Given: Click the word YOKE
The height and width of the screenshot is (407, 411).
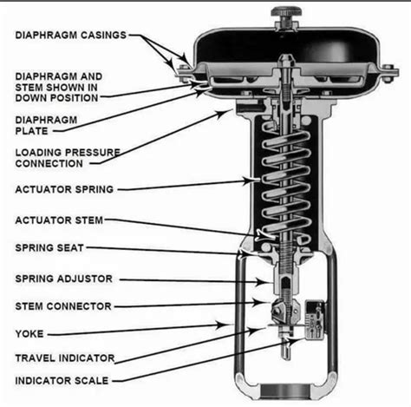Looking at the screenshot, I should click(x=28, y=332).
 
